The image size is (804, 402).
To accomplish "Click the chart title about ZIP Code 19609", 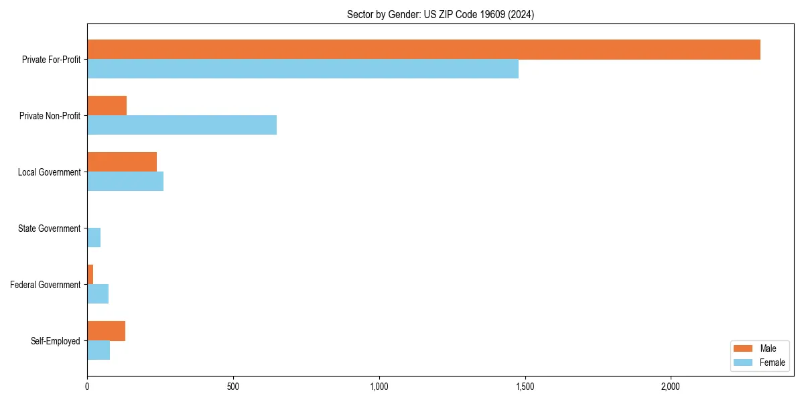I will pos(440,14).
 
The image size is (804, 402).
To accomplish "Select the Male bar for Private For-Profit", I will pos(423,50).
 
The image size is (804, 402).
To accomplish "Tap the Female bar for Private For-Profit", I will pos(303,68).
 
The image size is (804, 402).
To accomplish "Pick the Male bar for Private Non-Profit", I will pos(107,106).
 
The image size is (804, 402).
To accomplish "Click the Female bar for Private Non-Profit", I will pos(182,125).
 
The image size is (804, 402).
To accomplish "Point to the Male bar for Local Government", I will pos(122,162).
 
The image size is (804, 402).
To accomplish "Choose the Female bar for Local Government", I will pos(125,181).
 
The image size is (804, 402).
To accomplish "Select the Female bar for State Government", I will pos(94,237).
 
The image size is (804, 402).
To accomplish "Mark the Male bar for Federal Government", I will pos(90,275).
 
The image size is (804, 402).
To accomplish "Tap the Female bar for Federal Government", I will pos(98,293).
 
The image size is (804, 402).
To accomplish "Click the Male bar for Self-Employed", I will pos(106,331).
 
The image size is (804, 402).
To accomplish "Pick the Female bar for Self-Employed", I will pos(98,350).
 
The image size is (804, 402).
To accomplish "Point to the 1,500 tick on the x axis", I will pos(525,387).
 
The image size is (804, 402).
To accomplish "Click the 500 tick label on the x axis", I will pos(233,387).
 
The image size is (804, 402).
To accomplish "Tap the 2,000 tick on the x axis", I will pos(671,387).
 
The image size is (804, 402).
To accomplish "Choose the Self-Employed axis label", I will pos(56,341).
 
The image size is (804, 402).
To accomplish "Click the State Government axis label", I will pos(50,228).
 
